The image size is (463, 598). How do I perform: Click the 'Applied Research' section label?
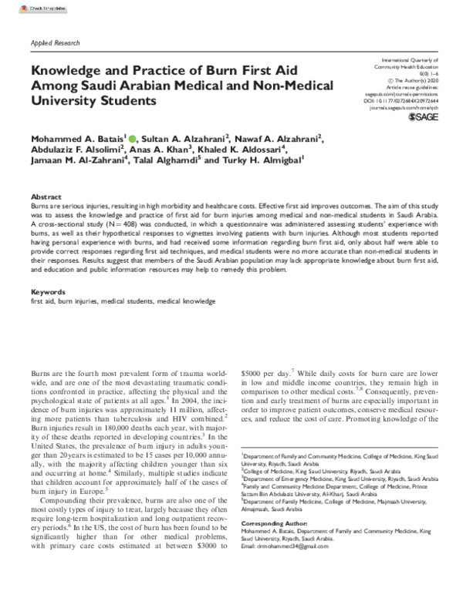click(54, 44)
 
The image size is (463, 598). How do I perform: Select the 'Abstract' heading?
click(44, 197)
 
